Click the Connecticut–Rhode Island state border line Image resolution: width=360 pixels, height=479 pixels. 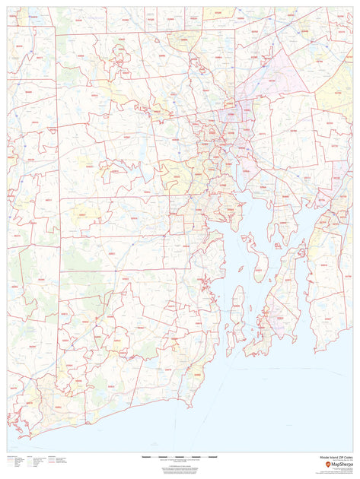point(58,228)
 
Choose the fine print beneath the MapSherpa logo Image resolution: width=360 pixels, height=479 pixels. point(335,471)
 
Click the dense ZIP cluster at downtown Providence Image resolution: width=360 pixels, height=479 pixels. point(217,137)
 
